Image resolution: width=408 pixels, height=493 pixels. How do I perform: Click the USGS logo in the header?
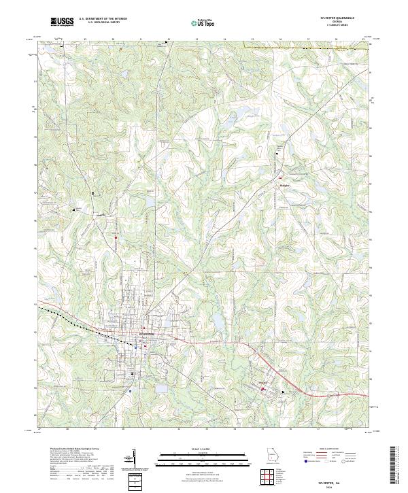click(x=63, y=22)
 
